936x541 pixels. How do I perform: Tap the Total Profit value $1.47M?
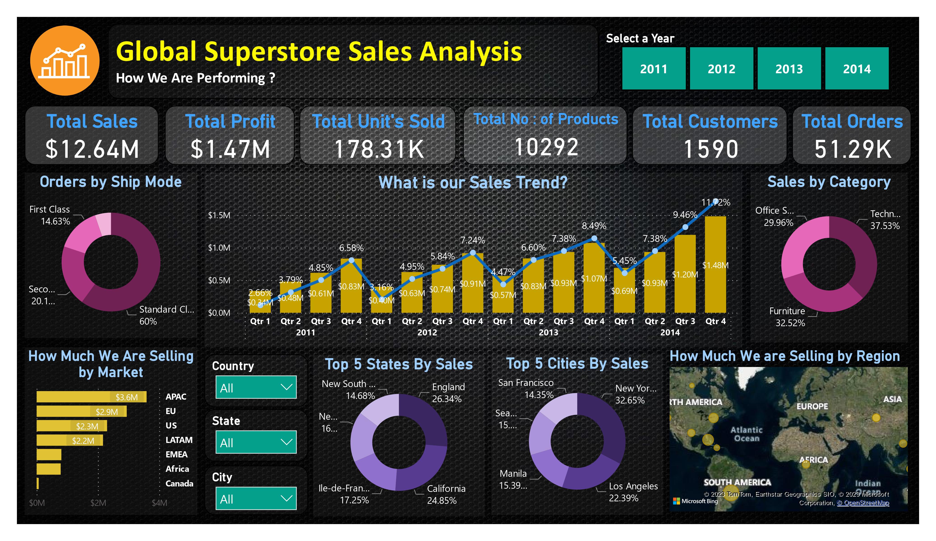pos(230,149)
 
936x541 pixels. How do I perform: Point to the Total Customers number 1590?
pos(710,149)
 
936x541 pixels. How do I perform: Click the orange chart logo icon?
pos(65,60)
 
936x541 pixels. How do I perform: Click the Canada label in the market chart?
pos(179,484)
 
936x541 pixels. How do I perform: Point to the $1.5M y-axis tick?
pos(219,215)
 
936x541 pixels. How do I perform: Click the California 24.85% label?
pos(446,494)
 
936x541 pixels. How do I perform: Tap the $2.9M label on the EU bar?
pos(107,411)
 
